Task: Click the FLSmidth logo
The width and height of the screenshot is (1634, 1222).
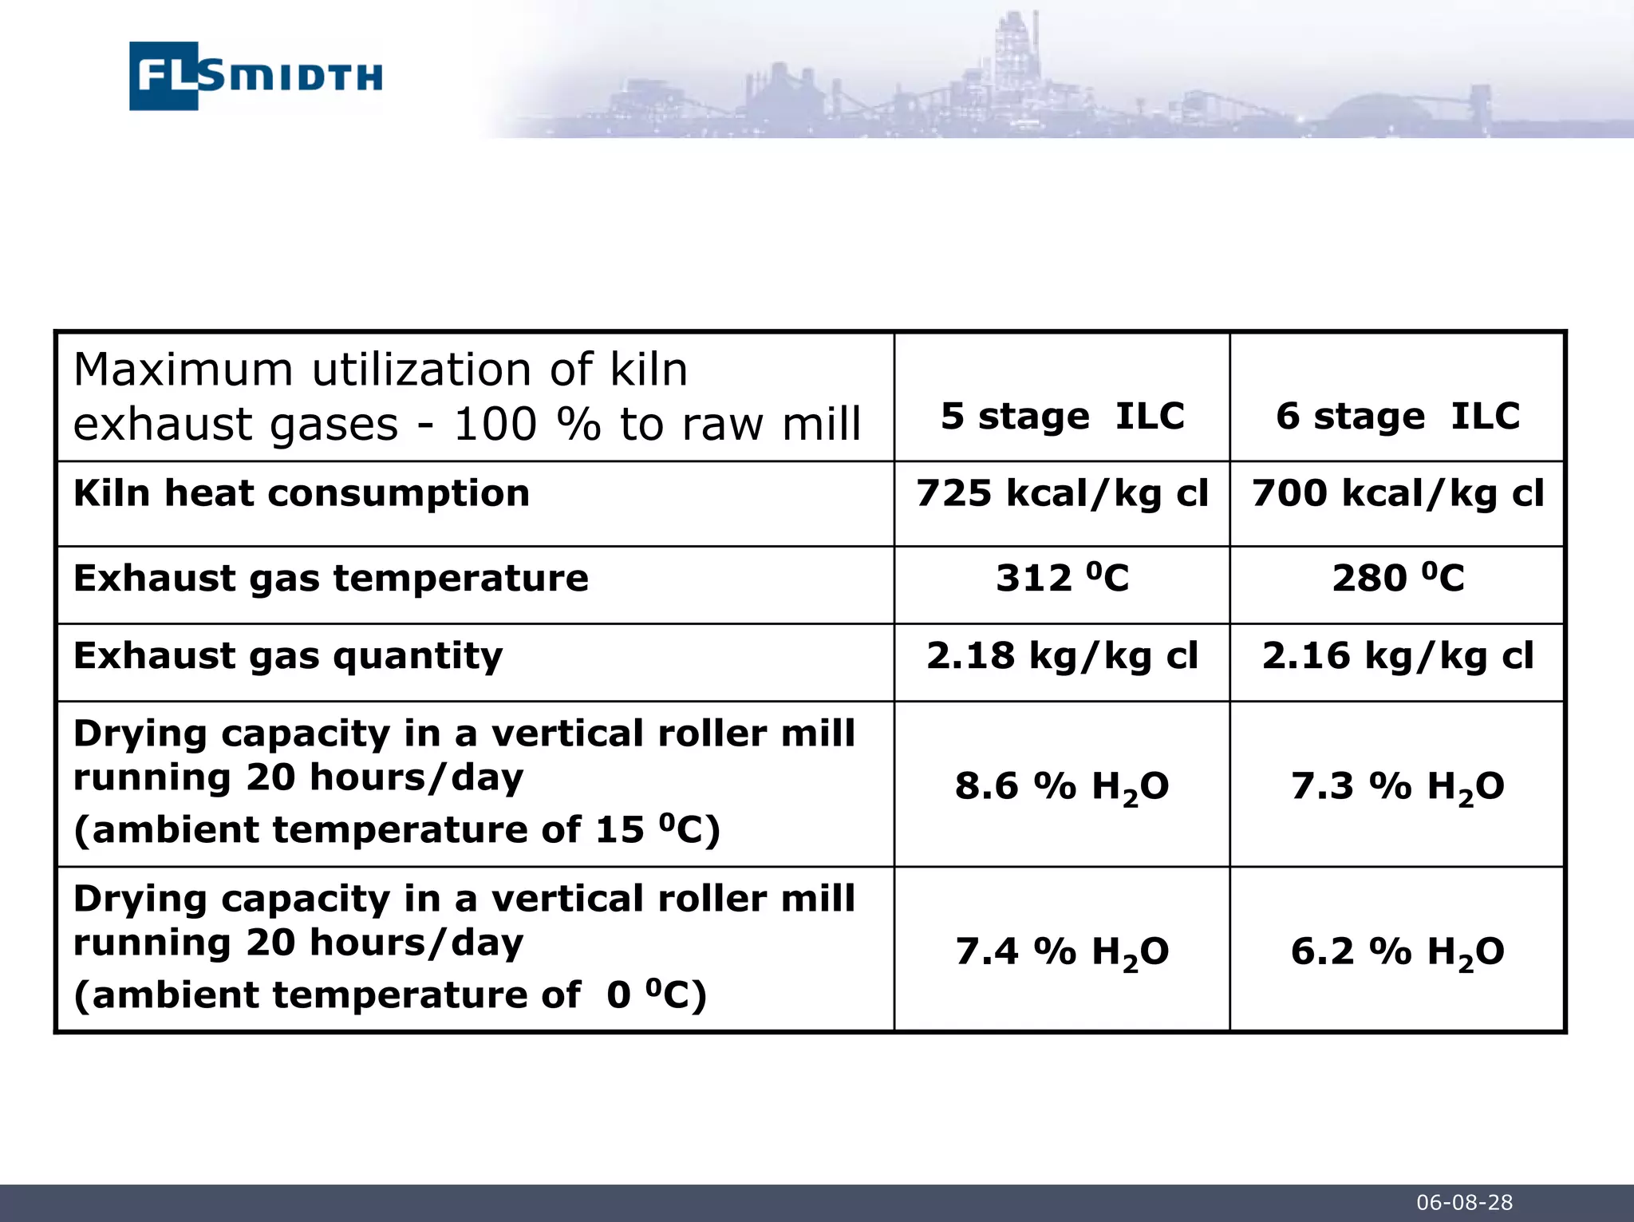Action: [255, 76]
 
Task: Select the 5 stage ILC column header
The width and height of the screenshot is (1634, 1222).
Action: [1062, 416]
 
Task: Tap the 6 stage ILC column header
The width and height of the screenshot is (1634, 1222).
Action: [1398, 416]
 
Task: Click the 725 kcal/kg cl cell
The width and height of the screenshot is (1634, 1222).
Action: [1062, 493]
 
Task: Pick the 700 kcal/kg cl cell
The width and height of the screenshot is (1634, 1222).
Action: [1398, 493]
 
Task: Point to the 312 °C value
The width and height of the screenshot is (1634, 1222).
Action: [1062, 578]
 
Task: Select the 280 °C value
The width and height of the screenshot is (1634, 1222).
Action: [1398, 578]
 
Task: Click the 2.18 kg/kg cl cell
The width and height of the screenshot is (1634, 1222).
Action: [1062, 656]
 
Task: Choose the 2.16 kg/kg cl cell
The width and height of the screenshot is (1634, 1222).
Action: [1398, 656]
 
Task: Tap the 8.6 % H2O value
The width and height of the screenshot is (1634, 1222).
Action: [1062, 787]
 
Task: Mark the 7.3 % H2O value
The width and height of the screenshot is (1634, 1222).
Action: [1398, 787]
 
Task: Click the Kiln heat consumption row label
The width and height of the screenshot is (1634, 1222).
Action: [302, 493]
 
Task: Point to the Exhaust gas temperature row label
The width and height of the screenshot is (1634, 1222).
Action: [331, 578]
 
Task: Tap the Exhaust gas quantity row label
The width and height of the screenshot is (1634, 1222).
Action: [288, 656]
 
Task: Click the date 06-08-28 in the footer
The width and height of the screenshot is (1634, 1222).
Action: [1464, 1203]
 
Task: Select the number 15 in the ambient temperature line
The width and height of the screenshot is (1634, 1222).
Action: [620, 830]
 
